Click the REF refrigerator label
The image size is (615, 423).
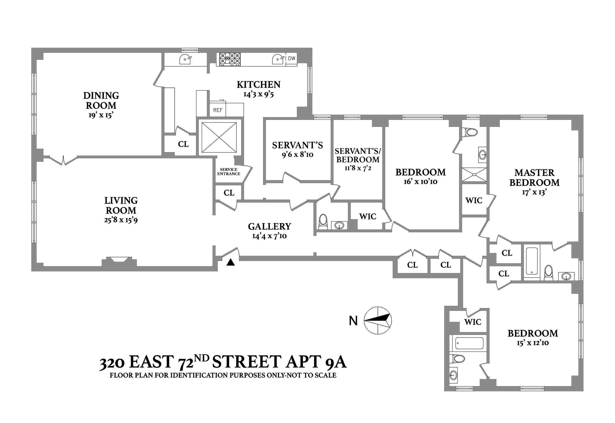(x=217, y=110)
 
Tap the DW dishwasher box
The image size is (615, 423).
(x=291, y=59)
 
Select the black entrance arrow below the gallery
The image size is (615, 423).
(x=231, y=262)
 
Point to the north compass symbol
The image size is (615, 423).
(x=378, y=320)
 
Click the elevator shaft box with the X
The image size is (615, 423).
(x=219, y=137)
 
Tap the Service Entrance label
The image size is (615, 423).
(x=229, y=172)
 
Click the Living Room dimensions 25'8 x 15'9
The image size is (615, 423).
(x=121, y=220)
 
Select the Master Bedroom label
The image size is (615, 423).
(x=534, y=177)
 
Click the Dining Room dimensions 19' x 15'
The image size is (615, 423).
(x=101, y=115)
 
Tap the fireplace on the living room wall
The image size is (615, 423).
(x=119, y=261)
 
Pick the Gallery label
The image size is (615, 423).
(x=269, y=226)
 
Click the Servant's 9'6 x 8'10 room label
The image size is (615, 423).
(x=297, y=145)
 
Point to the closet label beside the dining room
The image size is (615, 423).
(x=183, y=144)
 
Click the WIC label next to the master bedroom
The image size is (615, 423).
(x=474, y=200)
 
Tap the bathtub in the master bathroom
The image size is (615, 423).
(x=532, y=261)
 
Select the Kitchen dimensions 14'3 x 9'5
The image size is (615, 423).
(x=258, y=94)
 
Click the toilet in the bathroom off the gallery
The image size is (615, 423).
(x=323, y=222)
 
